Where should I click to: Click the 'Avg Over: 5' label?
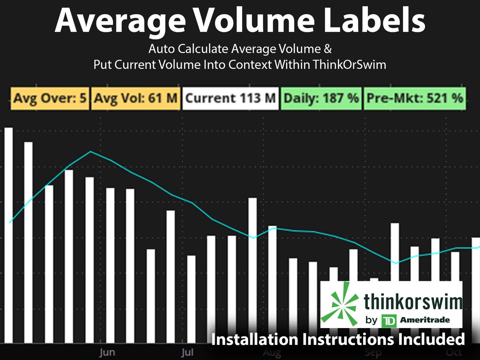[x=50, y=98]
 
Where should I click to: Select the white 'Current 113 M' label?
[x=230, y=98]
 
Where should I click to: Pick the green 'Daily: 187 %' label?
[x=321, y=98]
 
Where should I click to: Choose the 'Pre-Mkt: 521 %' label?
[x=414, y=98]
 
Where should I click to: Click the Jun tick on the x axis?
[x=107, y=353]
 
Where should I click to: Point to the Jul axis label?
[x=187, y=353]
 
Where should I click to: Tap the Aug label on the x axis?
[x=272, y=353]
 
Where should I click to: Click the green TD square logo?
[x=390, y=320]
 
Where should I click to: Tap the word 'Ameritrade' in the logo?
[x=424, y=320]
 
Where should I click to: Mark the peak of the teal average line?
[x=91, y=152]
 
